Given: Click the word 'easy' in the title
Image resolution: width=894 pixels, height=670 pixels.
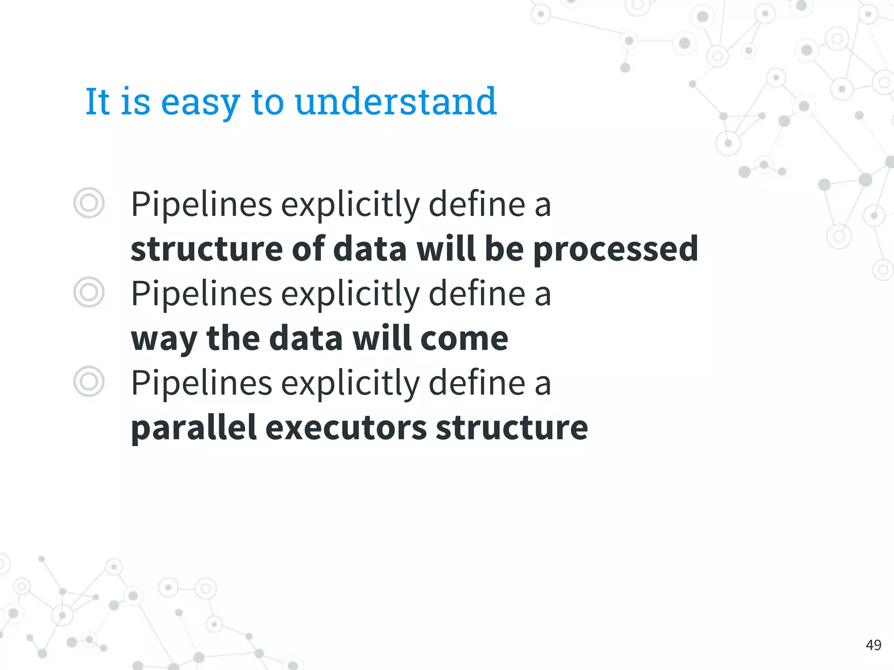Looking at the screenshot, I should coord(200,103).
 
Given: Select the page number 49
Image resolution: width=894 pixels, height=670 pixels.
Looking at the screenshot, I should coord(873,645).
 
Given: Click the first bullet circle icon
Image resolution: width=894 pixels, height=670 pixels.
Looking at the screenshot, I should coord(89,203).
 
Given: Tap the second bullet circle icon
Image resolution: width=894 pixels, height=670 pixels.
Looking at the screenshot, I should coord(89,292).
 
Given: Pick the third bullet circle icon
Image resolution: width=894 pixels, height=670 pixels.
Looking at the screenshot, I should coord(89,381).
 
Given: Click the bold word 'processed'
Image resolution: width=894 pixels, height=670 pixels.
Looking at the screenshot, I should coord(615,250).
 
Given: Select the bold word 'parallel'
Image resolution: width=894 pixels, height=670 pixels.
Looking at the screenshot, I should coord(193,428).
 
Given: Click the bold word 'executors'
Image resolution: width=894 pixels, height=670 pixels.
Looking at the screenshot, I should coord(346,428).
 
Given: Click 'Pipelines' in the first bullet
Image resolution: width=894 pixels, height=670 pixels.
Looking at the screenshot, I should coord(201,204).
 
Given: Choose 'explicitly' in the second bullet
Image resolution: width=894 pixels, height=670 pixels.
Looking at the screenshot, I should coord(350,294).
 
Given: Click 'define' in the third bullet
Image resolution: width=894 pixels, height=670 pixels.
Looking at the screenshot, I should coord(477,383).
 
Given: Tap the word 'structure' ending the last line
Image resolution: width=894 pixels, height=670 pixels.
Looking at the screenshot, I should coord(512,428).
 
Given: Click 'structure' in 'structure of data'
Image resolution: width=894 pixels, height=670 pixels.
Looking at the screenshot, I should coord(206,250).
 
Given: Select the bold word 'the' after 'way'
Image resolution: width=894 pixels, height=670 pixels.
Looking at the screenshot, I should coord(233,338).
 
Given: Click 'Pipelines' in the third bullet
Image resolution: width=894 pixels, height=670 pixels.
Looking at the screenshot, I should coord(201,383).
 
